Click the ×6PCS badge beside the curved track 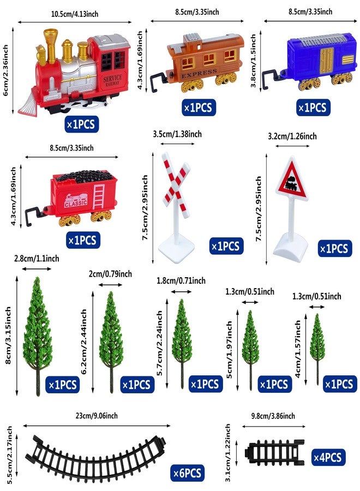187,472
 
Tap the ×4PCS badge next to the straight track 328,458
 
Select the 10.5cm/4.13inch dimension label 75,14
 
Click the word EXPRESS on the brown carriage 199,74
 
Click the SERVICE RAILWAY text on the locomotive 112,80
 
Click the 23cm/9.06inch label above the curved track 97,416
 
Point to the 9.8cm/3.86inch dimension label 273,416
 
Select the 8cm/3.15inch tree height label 8,336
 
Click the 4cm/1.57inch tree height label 297,349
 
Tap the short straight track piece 275,452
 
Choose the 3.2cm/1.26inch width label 292,136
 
